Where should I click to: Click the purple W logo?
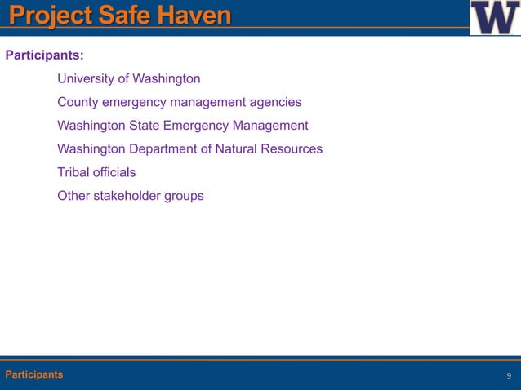click(494, 17)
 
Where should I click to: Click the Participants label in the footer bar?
click(33, 374)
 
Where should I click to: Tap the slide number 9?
click(509, 375)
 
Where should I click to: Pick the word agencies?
click(275, 103)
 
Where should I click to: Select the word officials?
click(114, 172)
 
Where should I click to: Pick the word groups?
click(185, 196)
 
